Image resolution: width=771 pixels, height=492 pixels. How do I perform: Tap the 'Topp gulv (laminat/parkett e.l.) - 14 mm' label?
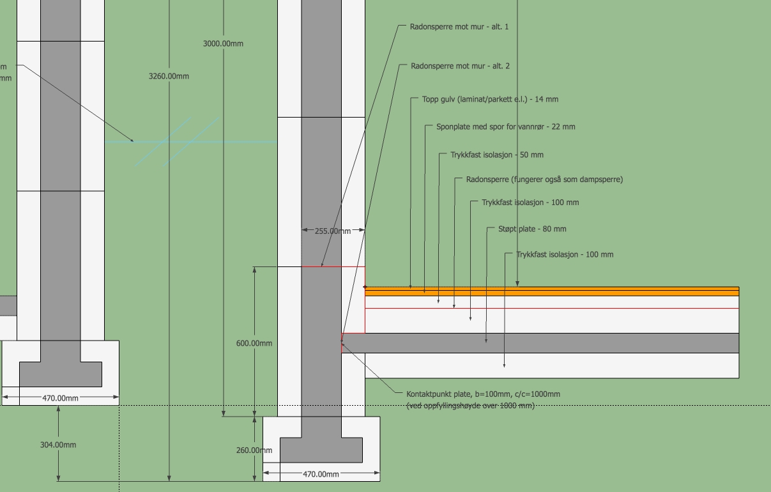pos(490,100)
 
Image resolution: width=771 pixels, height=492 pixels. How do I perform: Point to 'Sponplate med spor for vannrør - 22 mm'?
pos(505,127)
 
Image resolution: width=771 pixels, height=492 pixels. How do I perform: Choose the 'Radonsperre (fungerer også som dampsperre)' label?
pos(544,180)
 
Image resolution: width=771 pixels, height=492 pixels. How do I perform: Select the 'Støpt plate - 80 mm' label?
pos(532,229)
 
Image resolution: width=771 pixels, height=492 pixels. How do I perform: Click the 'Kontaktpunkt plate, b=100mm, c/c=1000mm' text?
pos(483,394)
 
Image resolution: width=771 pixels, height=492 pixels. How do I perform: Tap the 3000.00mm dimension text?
pos(223,44)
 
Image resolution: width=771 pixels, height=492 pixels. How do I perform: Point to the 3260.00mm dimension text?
pos(169,77)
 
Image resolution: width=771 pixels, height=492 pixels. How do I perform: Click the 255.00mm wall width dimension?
pos(333,231)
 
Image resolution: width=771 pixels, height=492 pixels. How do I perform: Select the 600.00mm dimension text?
pos(254,344)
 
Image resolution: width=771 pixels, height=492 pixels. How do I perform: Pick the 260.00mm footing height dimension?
pos(254,450)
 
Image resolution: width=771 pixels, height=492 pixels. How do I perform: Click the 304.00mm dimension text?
pos(58,445)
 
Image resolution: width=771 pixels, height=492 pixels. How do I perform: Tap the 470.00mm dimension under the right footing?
pos(321,475)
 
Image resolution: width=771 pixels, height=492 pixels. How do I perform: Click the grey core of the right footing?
pos(321,450)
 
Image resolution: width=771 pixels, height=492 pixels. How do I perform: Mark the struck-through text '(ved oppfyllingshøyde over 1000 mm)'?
pos(470,406)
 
